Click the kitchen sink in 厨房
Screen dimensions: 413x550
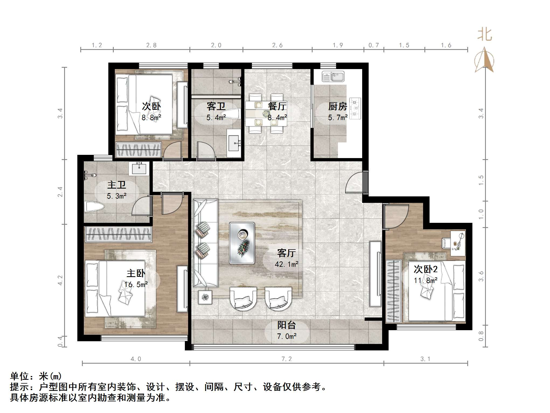pyautogui.click(x=333, y=77)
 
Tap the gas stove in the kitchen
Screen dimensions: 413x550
pyautogui.click(x=355, y=108)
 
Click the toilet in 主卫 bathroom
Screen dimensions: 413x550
pyautogui.click(x=94, y=207)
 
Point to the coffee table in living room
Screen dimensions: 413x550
pyautogui.click(x=242, y=243)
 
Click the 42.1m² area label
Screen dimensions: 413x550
pyautogui.click(x=286, y=264)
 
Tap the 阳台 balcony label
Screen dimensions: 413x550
pyautogui.click(x=286, y=325)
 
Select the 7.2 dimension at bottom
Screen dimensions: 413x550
pyautogui.click(x=286, y=359)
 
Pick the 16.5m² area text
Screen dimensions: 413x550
pyautogui.click(x=136, y=284)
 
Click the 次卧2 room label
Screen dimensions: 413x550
pyautogui.click(x=426, y=269)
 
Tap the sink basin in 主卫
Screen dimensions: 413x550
pyautogui.click(x=139, y=169)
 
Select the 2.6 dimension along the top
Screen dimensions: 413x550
pyautogui.click(x=277, y=45)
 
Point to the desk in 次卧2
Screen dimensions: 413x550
pyautogui.click(x=458, y=243)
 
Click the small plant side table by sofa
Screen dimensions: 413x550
pyautogui.click(x=206, y=297)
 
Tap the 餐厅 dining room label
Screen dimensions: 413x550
pyautogui.click(x=277, y=106)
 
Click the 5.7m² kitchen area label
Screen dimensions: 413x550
pyautogui.click(x=338, y=117)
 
